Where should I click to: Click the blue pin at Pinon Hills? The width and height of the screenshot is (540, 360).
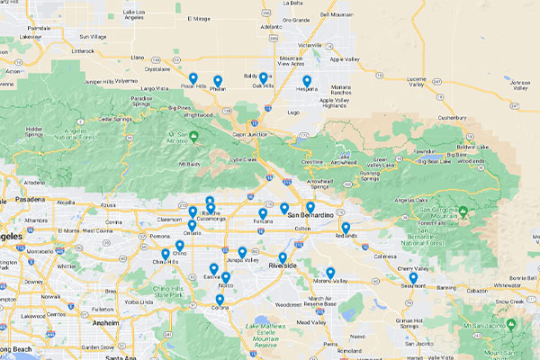(x=193, y=78)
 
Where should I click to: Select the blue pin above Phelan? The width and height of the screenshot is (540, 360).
(x=218, y=81)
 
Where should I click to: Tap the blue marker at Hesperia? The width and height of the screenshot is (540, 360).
(x=307, y=81)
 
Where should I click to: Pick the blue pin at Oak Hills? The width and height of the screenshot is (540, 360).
(x=264, y=78)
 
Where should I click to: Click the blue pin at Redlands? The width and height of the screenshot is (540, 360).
(x=346, y=229)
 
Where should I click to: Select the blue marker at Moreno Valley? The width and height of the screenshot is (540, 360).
(x=330, y=273)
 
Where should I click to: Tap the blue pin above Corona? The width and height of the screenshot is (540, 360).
(x=220, y=300)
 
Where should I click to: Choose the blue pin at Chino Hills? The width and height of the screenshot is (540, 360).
(x=166, y=255)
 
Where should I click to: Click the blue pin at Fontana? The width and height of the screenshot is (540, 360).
(x=263, y=214)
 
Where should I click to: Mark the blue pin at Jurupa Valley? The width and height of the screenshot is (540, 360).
(x=242, y=253)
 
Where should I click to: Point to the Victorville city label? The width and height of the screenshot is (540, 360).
(x=310, y=43)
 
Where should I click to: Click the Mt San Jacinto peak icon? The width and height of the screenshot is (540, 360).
(x=511, y=322)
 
